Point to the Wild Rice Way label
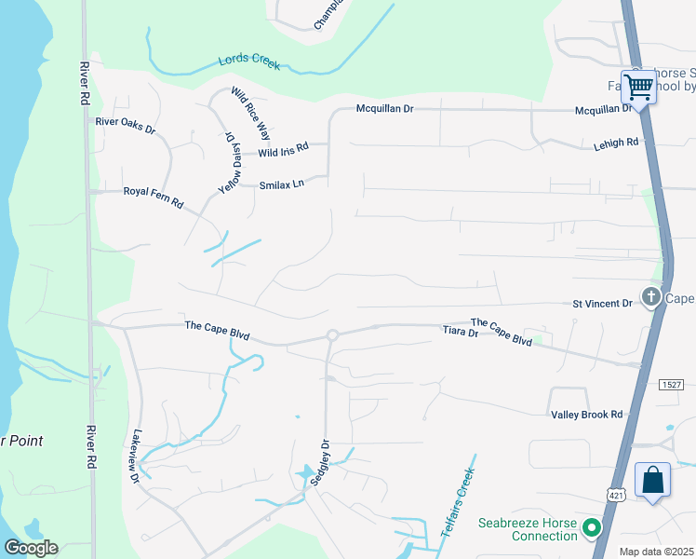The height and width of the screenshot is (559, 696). pyautogui.click(x=245, y=113)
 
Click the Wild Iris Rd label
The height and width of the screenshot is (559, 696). pyautogui.click(x=283, y=151)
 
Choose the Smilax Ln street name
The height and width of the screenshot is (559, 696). pyautogui.click(x=282, y=184)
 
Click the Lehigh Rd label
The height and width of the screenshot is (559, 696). pyautogui.click(x=616, y=143)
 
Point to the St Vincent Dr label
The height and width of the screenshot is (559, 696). pyautogui.click(x=602, y=303)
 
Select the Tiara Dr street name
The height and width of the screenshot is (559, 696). pyautogui.click(x=460, y=332)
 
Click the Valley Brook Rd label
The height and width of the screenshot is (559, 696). pyautogui.click(x=586, y=414)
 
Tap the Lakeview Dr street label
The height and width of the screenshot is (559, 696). pyautogui.click(x=135, y=456)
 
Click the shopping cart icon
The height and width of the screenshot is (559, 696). pyautogui.click(x=639, y=87)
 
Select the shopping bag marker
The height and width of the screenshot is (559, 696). pyautogui.click(x=652, y=480)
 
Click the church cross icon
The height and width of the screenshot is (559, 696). pyautogui.click(x=651, y=298)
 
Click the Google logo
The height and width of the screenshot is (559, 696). pyautogui.click(x=32, y=548)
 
